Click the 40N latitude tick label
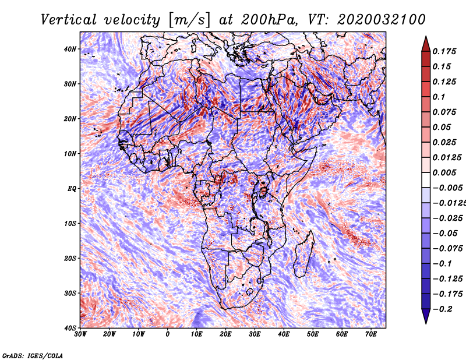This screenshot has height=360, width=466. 70,49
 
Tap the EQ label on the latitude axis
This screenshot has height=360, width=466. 72,189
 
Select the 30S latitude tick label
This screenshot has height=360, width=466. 70,293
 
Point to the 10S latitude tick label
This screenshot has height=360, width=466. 70,224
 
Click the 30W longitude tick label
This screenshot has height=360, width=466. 80,334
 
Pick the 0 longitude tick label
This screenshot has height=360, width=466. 168,334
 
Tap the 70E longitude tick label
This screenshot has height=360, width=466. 370,334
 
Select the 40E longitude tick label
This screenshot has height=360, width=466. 284,334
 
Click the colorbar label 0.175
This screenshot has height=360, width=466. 444,51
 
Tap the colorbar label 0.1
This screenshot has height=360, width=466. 439,96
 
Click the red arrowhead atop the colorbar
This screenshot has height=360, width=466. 426,44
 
